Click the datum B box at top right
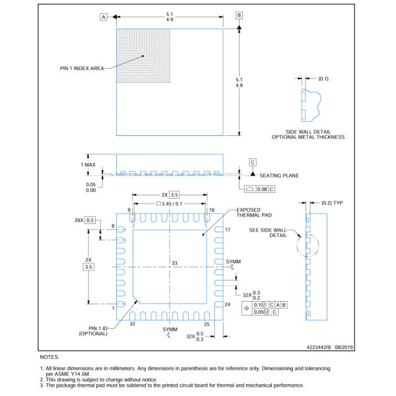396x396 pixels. [240, 15]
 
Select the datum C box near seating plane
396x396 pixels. [252, 162]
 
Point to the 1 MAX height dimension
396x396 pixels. [88, 164]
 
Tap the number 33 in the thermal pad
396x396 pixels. [175, 263]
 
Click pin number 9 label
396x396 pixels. [129, 210]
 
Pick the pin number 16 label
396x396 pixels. [212, 210]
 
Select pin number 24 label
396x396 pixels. [227, 304]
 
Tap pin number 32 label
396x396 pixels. [132, 324]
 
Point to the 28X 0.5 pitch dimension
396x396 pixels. [85, 220]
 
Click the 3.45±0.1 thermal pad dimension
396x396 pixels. [170, 204]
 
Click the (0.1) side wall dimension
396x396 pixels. [323, 79]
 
